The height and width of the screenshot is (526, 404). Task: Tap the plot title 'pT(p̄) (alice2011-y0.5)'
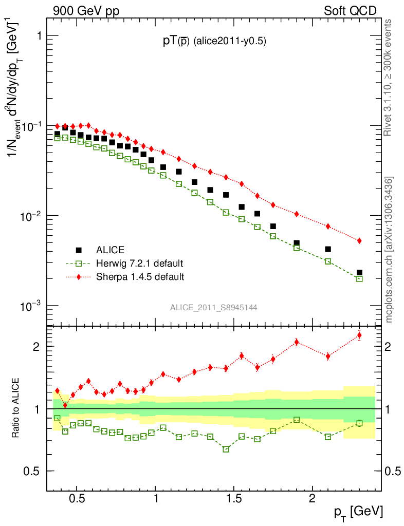pyautogui.click(x=214, y=42)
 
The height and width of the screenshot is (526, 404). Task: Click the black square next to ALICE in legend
pyautogui.click(x=79, y=250)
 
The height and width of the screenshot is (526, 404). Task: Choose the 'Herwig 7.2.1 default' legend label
pyautogui.click(x=139, y=264)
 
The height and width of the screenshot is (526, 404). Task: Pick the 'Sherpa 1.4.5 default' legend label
pyautogui.click(x=140, y=277)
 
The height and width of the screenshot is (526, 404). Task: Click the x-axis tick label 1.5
pyautogui.click(x=233, y=499)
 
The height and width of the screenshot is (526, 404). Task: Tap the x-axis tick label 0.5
pyautogui.click(x=77, y=499)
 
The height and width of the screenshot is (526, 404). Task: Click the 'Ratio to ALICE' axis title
pyautogui.click(x=16, y=408)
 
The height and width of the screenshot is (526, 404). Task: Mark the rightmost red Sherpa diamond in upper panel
pyautogui.click(x=359, y=240)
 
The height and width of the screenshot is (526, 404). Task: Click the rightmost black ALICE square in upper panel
pyautogui.click(x=359, y=273)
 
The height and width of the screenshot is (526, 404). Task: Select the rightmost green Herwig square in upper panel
pyautogui.click(x=359, y=279)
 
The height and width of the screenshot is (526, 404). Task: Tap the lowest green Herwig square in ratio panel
pyautogui.click(x=226, y=449)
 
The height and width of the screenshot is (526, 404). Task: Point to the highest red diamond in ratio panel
pyautogui.click(x=359, y=335)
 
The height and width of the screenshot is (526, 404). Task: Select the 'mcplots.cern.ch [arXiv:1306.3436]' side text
pyautogui.click(x=389, y=250)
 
